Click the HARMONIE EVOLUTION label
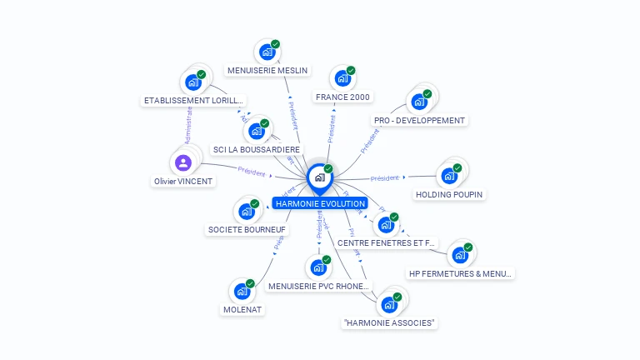[x=320, y=203]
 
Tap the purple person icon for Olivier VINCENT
[x=183, y=162]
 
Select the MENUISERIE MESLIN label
[x=267, y=70]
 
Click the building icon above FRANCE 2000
[x=342, y=79]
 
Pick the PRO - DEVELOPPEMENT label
[x=419, y=120]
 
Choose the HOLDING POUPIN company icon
[x=448, y=176]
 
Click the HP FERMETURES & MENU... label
[x=460, y=273]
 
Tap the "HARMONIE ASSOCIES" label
[x=389, y=322]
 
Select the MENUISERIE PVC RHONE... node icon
[x=317, y=268]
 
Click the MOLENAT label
[x=242, y=309]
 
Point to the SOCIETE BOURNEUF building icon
[x=247, y=211]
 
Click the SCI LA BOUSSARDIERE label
[x=257, y=150]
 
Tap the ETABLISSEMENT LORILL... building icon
[x=192, y=82]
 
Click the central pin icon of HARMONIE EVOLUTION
[x=319, y=177]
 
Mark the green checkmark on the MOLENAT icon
[x=250, y=283]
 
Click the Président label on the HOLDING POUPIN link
[x=384, y=177]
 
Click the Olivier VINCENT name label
[x=183, y=181]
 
